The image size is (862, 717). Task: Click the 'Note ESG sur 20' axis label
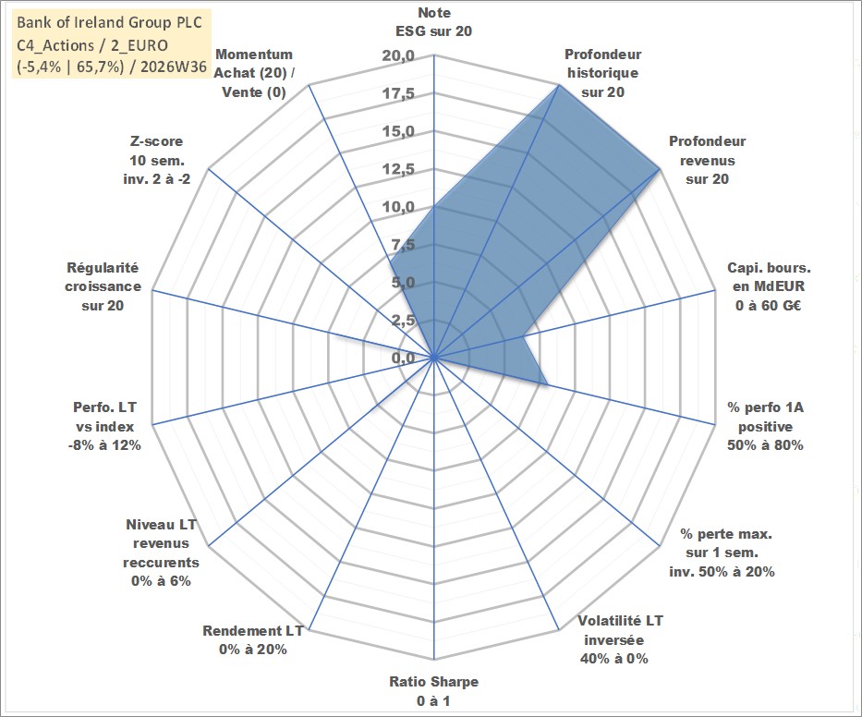click(433, 22)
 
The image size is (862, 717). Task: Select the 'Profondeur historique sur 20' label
click(602, 73)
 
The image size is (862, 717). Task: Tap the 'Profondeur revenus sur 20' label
click(707, 160)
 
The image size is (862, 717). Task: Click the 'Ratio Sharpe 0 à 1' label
click(433, 691)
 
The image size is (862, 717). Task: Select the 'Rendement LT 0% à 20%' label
click(253, 640)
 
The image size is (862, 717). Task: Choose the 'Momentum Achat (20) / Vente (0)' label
click(254, 73)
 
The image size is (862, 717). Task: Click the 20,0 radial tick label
click(398, 56)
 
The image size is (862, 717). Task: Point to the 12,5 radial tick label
click(398, 169)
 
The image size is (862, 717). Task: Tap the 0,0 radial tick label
click(404, 358)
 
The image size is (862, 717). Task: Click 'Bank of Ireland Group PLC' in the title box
click(109, 22)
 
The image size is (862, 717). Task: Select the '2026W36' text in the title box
click(174, 67)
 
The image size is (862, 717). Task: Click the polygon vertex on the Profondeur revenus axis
click(659, 170)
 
